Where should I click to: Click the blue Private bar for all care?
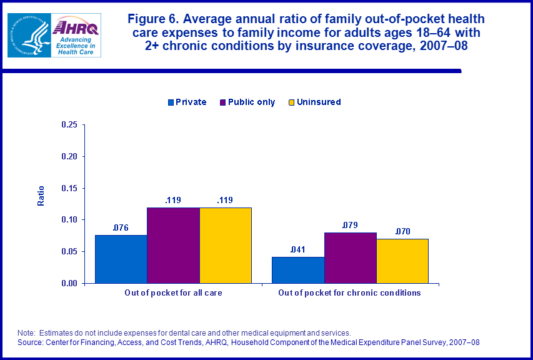[x=121, y=259]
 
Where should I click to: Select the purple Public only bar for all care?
[x=173, y=245]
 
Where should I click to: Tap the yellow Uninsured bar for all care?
[x=225, y=245]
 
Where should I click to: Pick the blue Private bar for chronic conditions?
[x=297, y=270]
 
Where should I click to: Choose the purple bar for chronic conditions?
[x=350, y=257]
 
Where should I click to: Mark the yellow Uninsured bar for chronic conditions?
[x=402, y=261]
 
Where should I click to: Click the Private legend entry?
[x=186, y=102]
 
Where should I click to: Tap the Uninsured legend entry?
[x=314, y=102]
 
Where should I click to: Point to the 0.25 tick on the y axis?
[x=69, y=125]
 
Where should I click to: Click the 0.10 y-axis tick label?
[x=69, y=220]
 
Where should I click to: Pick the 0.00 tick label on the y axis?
[x=69, y=283]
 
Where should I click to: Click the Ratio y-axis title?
[x=42, y=196]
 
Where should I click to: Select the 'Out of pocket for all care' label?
[x=173, y=292]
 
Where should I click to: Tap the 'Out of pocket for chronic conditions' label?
[x=349, y=292]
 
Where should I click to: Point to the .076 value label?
[x=121, y=227]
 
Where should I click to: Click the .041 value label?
[x=297, y=249]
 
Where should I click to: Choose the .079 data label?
[x=349, y=225]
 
